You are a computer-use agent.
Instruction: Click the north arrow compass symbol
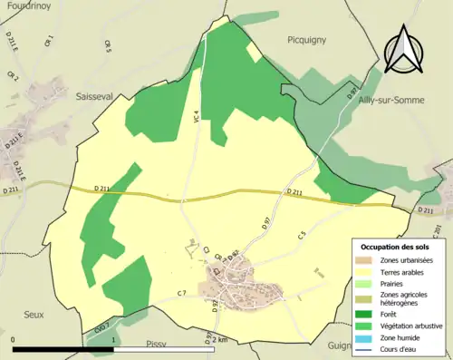(402, 50)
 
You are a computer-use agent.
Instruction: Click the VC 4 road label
(196, 116)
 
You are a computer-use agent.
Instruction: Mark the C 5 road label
(301, 237)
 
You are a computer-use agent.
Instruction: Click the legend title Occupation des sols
(396, 247)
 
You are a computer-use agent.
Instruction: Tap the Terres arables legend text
(407, 271)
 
